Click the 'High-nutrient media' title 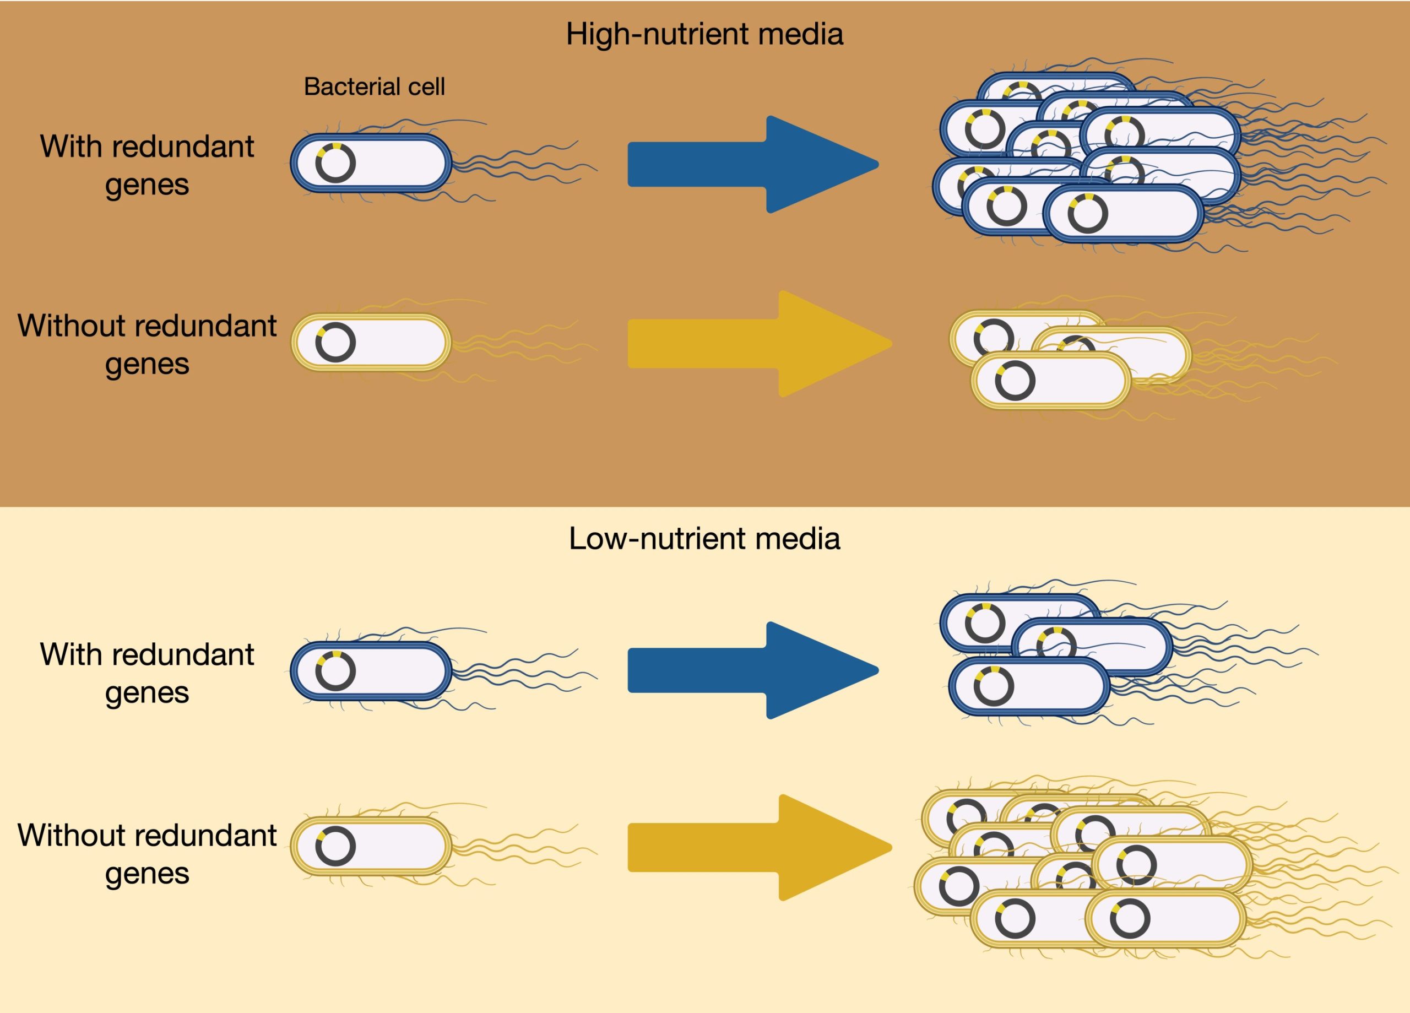(704, 34)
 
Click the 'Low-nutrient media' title (704, 539)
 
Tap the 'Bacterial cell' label (375, 86)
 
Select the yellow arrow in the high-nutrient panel (758, 343)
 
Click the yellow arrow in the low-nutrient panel (758, 847)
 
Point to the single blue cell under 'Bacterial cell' (392, 163)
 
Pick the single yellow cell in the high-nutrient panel (392, 342)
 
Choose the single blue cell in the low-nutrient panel (392, 671)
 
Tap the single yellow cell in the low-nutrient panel (392, 846)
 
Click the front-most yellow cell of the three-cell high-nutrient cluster (1069, 381)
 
